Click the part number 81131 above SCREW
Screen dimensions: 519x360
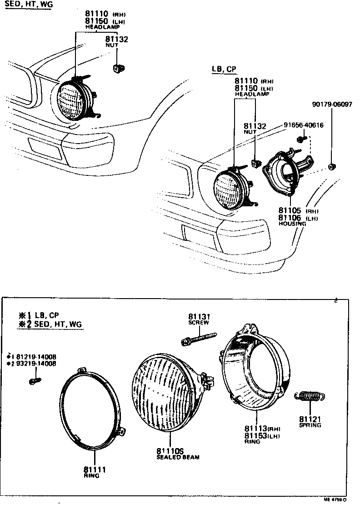pos(199,316)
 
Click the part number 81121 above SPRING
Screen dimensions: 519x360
pos(310,419)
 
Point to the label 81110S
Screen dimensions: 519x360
pos(170,451)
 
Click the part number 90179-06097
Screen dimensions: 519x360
pos(332,105)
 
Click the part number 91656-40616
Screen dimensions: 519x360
pos(303,125)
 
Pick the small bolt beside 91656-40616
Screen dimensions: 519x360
pos(300,138)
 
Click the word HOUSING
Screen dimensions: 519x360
pos(292,224)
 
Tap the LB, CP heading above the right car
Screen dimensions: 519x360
pos(224,69)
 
